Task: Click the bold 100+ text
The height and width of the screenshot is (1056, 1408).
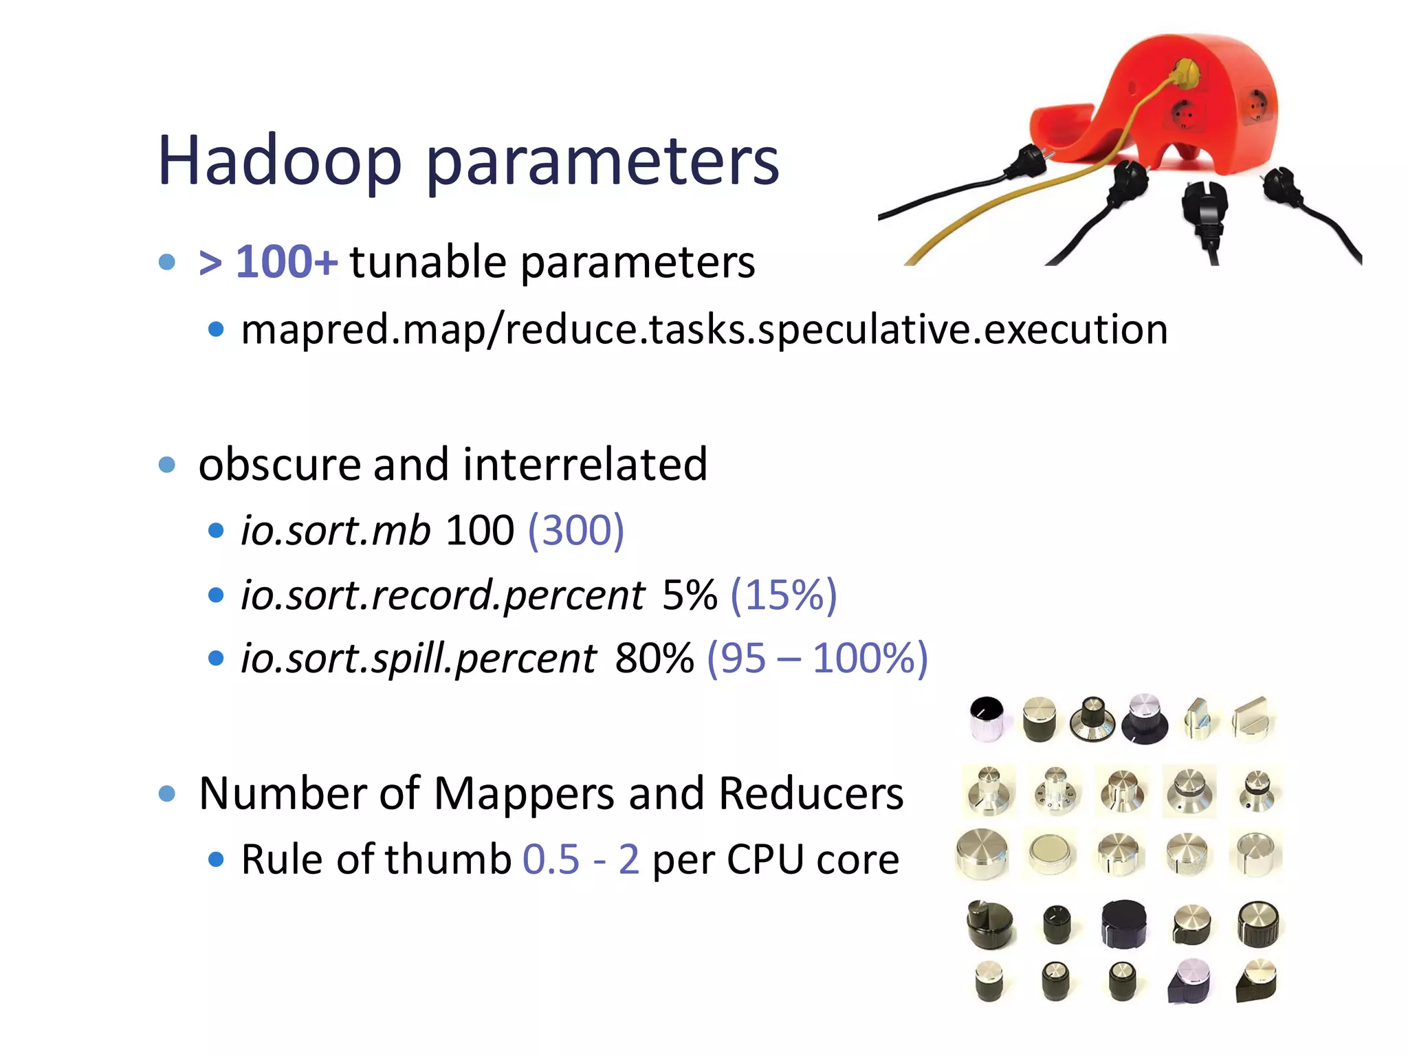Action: point(287,262)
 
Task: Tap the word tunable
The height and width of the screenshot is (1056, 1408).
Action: point(428,262)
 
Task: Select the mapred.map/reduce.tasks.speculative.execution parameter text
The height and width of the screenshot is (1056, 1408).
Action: point(704,329)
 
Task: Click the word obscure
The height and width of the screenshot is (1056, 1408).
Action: point(279,464)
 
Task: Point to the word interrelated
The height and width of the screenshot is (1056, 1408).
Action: point(585,464)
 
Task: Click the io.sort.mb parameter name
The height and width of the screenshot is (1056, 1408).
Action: point(335,530)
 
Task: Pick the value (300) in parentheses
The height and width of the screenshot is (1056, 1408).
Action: point(576,530)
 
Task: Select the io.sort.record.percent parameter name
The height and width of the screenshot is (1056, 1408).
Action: point(443,595)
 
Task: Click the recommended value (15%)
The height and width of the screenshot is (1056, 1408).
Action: point(784,595)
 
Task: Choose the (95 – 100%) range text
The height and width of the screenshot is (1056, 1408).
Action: point(817,659)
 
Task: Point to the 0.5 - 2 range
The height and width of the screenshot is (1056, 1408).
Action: point(581,859)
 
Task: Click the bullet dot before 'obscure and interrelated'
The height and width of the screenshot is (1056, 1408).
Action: point(167,465)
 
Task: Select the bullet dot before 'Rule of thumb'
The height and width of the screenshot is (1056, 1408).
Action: point(216,859)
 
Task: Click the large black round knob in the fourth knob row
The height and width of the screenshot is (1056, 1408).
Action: point(1123,923)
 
